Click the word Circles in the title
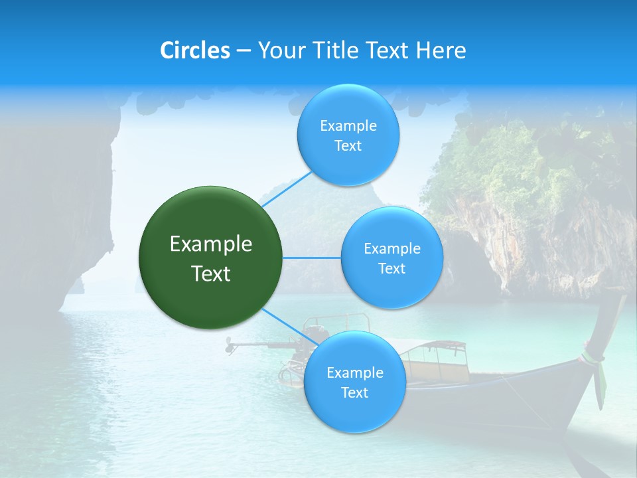194,50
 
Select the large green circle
211,258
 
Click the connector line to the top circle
287,189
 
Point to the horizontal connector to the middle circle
312,258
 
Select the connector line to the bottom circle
290,327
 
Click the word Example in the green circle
211,244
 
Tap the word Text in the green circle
211,274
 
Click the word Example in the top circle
348,125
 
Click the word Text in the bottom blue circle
354,392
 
